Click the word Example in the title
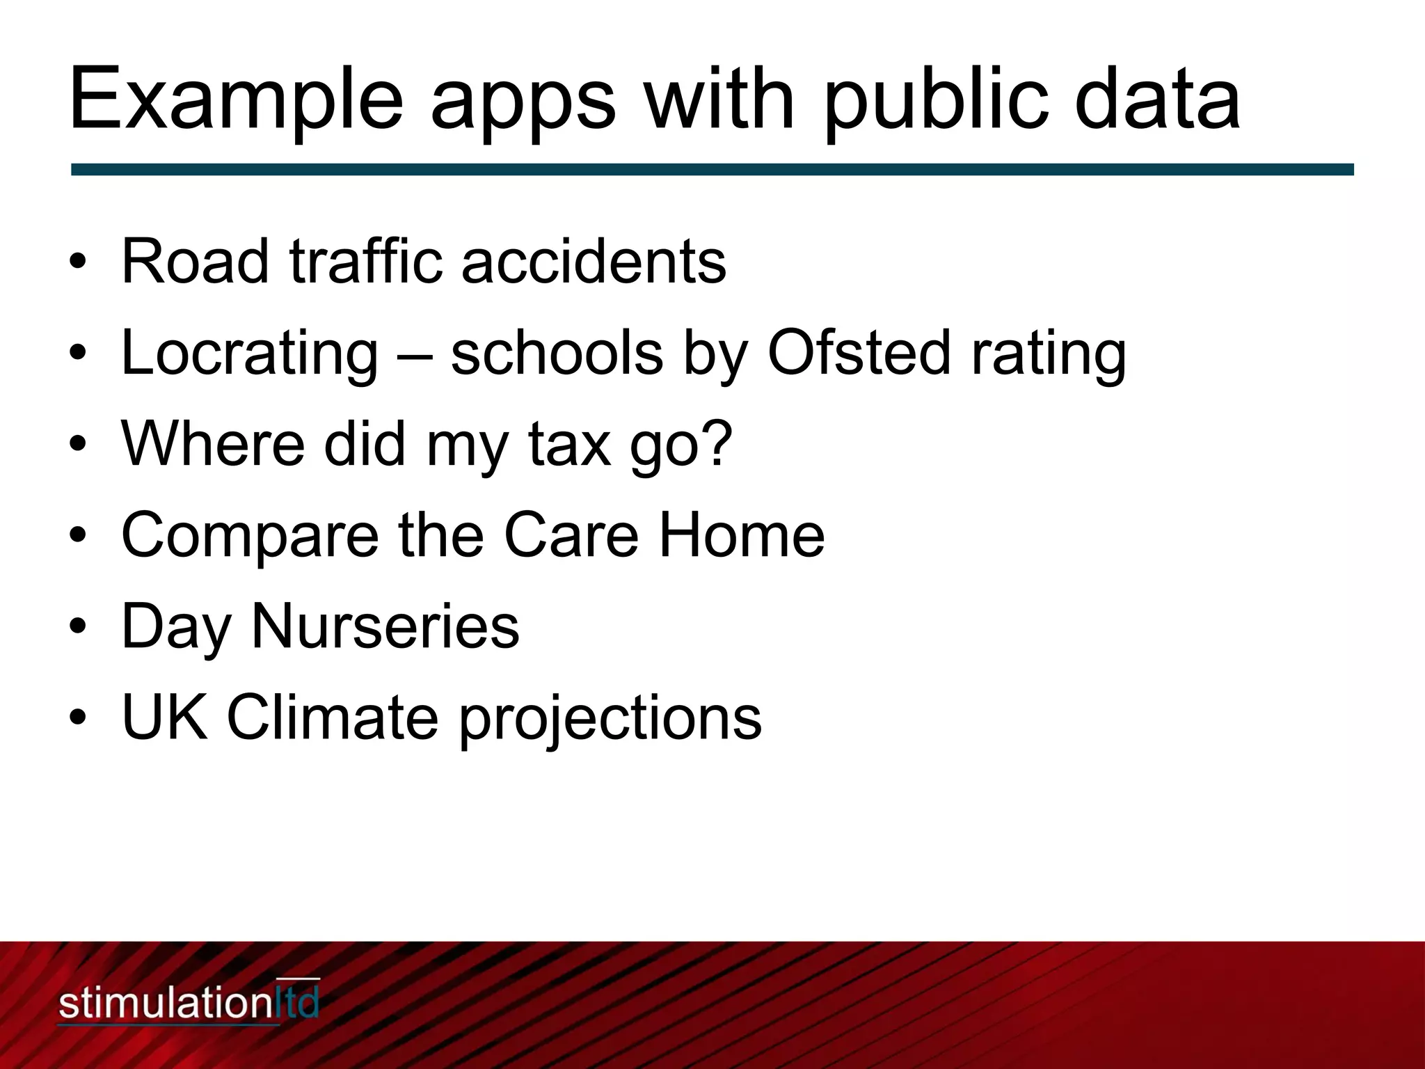[x=235, y=99]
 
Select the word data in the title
[x=1156, y=99]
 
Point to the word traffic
[x=365, y=262]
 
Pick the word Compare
[x=250, y=536]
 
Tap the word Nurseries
[x=385, y=626]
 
